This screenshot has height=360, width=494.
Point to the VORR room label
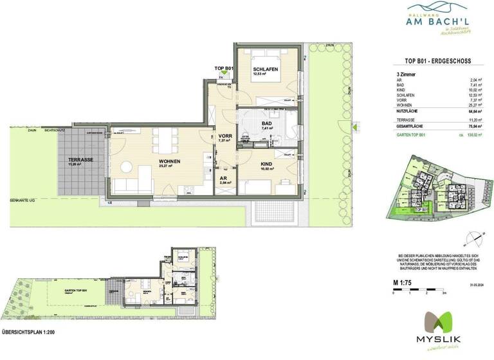pos(224,137)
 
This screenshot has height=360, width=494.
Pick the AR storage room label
pos(223,179)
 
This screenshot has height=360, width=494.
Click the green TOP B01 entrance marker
pos(223,68)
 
